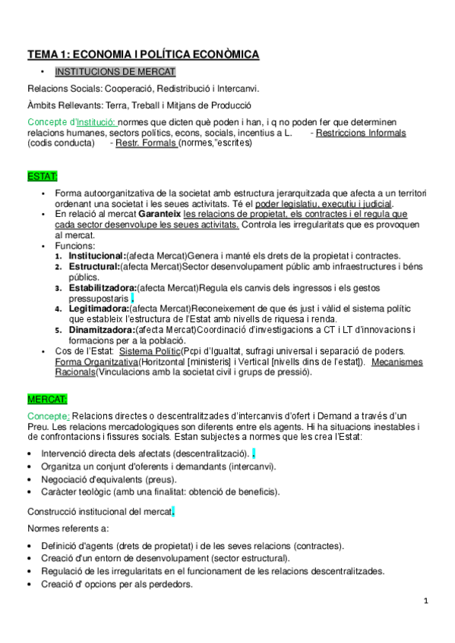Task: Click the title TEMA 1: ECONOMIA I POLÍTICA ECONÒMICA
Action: pyautogui.click(x=144, y=55)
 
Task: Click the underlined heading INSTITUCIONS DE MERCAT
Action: pyautogui.click(x=115, y=72)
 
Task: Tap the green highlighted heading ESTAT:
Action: pyautogui.click(x=43, y=177)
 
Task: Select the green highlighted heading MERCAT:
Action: pyautogui.click(x=48, y=399)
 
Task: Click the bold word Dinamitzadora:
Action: pyautogui.click(x=102, y=330)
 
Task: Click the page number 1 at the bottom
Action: pyautogui.click(x=427, y=601)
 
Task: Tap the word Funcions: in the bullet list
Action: pyautogui.click(x=75, y=246)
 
